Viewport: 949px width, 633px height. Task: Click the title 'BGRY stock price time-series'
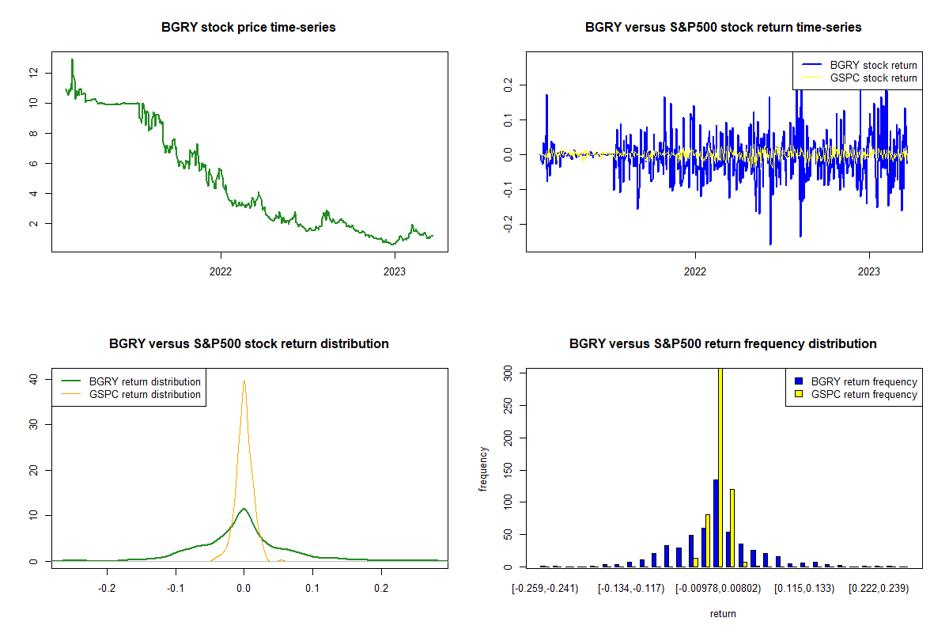click(x=248, y=28)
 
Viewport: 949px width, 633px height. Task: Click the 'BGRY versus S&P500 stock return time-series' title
click(x=723, y=28)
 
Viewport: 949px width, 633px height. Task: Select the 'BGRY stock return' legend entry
click(x=874, y=65)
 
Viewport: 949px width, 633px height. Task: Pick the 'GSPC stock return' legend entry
click(x=874, y=78)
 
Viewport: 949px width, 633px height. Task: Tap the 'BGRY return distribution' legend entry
click(x=145, y=381)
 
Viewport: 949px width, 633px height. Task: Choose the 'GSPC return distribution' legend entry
click(x=145, y=394)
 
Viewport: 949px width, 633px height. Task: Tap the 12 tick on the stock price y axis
click(x=33, y=72)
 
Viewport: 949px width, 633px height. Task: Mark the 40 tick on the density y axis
click(x=33, y=379)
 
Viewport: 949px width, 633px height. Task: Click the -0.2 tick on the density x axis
click(x=107, y=589)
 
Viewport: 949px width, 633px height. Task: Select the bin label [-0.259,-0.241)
click(x=545, y=589)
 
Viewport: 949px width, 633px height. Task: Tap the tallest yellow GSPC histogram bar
click(x=720, y=467)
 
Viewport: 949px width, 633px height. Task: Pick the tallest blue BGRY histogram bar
click(x=715, y=522)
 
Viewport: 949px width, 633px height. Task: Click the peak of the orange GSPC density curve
click(x=244, y=381)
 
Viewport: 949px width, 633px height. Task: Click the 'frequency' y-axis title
click(x=484, y=468)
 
